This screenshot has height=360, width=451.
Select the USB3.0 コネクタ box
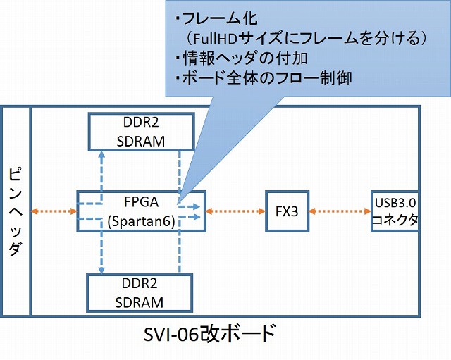395,211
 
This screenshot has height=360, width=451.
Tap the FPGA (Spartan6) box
140,211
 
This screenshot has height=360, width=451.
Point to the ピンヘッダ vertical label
16,211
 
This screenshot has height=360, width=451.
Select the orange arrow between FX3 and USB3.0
341,211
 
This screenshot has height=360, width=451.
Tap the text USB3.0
395,203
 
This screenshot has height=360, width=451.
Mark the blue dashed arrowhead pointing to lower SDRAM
101,270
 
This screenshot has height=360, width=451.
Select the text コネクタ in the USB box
395,220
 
